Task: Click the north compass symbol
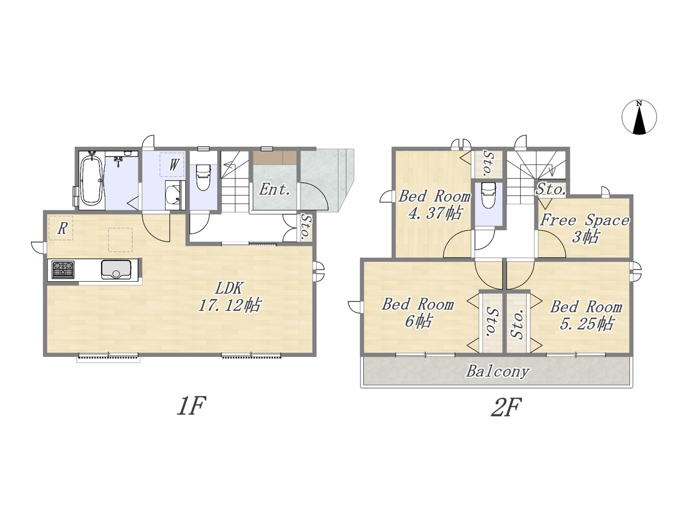639,118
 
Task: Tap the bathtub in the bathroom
92,181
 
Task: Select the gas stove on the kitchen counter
63,269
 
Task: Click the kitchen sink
116,269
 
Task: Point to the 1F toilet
203,177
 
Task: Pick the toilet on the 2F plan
489,196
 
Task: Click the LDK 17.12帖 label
230,297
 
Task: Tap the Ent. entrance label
274,190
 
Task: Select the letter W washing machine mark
173,165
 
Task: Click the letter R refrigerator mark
62,228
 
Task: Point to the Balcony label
497,372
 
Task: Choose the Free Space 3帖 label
585,229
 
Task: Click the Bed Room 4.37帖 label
434,205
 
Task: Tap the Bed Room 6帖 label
418,313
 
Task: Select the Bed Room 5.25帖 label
586,315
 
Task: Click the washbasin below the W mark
173,195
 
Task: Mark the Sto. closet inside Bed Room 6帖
491,322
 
